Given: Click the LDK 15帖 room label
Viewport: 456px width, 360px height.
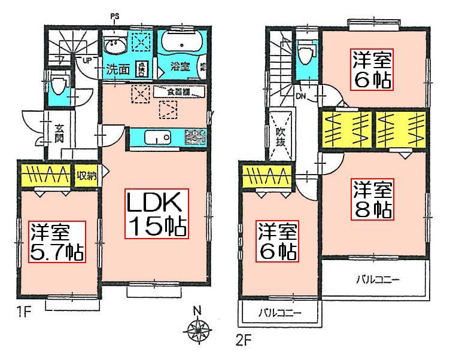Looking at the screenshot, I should (157, 214).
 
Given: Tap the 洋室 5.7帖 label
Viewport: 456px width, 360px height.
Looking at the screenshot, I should (57, 242).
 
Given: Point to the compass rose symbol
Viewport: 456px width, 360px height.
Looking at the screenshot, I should (197, 328).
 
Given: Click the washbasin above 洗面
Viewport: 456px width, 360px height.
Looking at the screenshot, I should (113, 46).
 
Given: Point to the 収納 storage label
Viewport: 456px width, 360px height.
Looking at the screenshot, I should (87, 176).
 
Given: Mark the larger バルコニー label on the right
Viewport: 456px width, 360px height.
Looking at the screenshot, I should (378, 279).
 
